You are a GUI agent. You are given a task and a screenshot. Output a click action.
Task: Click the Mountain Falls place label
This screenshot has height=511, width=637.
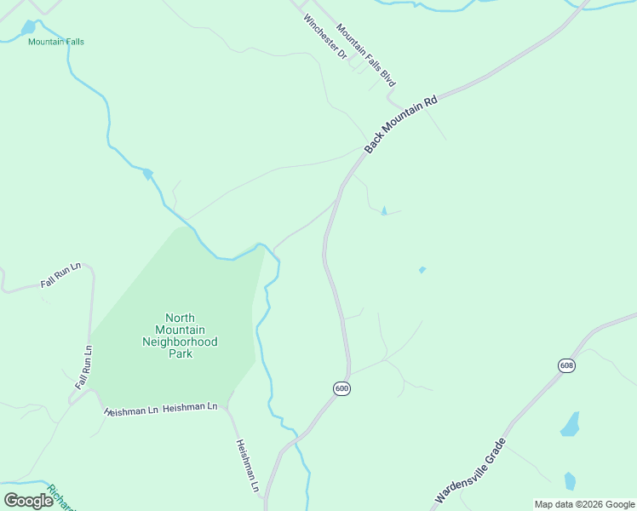tap(55, 42)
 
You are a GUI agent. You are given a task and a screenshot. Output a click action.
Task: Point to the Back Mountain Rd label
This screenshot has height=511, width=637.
tap(400, 123)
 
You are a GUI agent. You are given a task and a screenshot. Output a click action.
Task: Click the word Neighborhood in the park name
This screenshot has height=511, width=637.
tap(180, 342)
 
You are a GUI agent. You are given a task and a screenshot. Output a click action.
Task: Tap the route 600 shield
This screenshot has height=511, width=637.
tap(341, 388)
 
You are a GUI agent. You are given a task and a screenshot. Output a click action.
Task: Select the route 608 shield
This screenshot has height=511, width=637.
tap(566, 365)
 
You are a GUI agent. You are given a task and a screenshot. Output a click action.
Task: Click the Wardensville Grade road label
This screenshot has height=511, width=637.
tap(471, 470)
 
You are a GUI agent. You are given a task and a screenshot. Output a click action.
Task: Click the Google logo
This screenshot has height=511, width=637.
tap(28, 500)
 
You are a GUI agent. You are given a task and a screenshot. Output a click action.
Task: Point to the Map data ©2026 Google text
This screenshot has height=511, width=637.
tap(584, 504)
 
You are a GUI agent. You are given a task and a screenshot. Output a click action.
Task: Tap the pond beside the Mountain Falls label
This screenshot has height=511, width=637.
tap(30, 27)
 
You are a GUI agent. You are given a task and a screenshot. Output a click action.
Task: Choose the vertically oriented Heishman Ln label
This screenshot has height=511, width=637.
tap(247, 466)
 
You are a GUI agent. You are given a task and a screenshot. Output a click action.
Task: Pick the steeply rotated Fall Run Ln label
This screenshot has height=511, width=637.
tap(83, 367)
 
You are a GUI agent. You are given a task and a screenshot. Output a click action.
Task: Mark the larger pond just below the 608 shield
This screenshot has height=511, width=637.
tap(570, 424)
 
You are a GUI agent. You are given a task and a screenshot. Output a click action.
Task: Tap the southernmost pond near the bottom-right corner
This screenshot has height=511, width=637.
tap(570, 481)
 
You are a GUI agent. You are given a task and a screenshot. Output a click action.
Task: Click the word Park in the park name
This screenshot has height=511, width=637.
tap(180, 353)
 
